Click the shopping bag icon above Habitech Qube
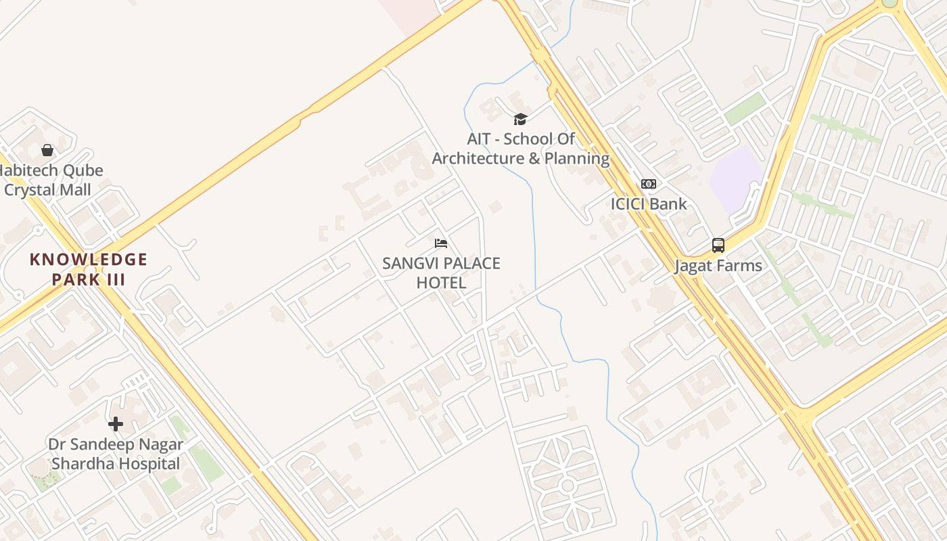(47, 149)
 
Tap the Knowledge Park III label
(89, 269)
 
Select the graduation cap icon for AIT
(520, 120)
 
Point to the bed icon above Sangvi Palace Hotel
(441, 243)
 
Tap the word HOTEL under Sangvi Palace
(441, 283)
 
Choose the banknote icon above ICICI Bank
(648, 184)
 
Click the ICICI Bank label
(648, 204)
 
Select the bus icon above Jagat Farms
(718, 245)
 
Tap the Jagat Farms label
(718, 266)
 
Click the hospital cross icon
(116, 424)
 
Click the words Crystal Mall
(47, 190)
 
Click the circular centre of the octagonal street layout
(567, 485)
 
